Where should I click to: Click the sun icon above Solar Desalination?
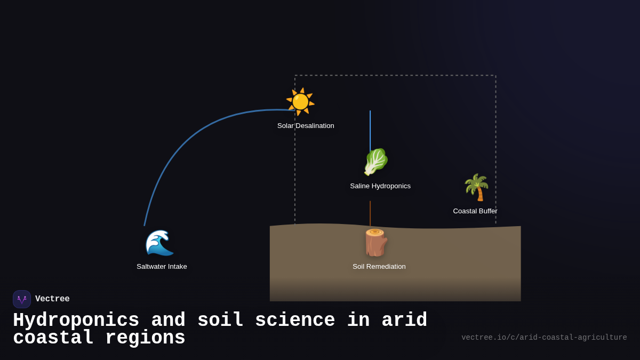tap(300, 101)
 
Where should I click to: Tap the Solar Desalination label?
tap(306, 126)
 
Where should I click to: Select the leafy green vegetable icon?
tap(375, 162)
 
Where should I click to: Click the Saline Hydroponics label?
tap(380, 186)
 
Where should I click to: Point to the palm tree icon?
tap(476, 187)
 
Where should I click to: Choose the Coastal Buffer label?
tap(475, 211)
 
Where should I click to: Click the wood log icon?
tap(375, 243)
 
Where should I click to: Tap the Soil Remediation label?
tap(379, 267)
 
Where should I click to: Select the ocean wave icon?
tap(159, 243)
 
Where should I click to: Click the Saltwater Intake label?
tap(162, 267)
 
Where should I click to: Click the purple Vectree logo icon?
tap(22, 299)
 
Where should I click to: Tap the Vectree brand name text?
tap(52, 299)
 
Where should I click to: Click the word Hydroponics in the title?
tap(76, 321)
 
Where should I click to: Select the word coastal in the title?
tap(53, 338)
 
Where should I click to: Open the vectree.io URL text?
tap(544, 338)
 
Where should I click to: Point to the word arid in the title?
tap(404, 321)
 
